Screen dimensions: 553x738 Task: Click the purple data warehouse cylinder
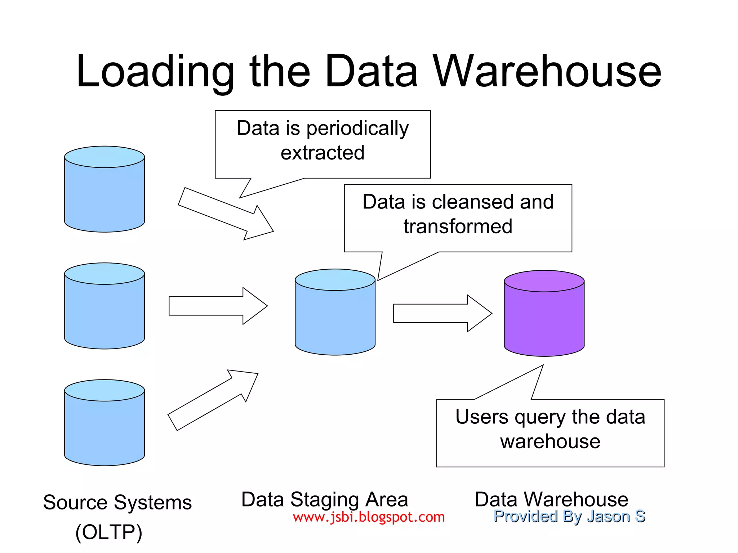tap(544, 317)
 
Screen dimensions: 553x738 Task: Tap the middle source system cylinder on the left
tap(105, 310)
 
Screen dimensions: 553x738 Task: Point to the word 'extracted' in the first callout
tap(323, 153)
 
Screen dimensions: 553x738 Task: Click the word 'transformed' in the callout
tap(458, 226)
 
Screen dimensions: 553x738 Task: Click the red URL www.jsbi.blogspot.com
tap(369, 517)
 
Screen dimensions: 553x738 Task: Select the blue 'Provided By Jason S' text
tap(569, 516)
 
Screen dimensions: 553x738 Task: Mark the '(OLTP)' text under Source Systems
tap(109, 532)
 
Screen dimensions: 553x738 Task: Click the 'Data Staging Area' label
tap(324, 500)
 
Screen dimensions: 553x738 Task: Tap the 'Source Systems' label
tap(117, 502)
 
